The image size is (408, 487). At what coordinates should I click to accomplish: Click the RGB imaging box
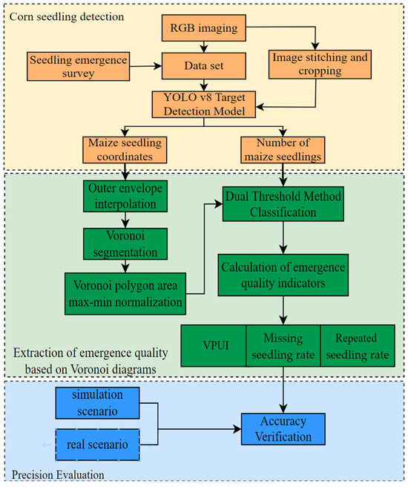click(202, 30)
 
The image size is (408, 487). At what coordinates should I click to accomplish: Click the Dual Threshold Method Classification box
click(283, 203)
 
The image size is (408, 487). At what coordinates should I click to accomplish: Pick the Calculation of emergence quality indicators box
click(283, 274)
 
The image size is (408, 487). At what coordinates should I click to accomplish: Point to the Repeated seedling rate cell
click(357, 345)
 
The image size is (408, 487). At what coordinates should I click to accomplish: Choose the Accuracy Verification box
click(283, 430)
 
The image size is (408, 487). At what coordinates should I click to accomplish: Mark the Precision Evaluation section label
click(57, 473)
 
